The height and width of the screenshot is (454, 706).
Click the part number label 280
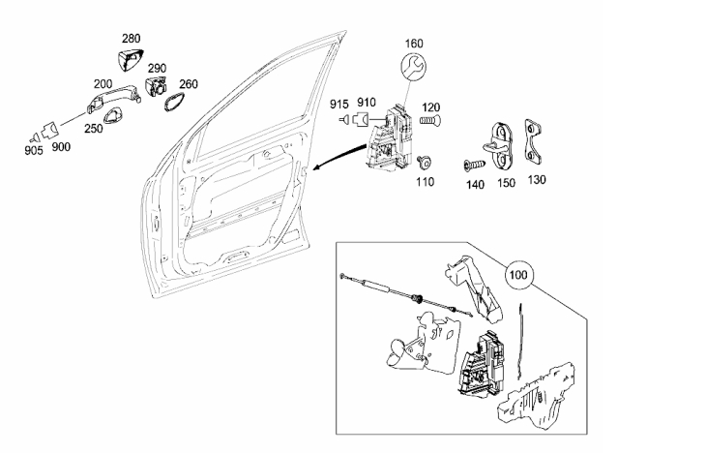[131, 39]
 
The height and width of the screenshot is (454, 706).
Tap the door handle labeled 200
[115, 97]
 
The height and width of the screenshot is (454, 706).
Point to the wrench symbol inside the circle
[413, 66]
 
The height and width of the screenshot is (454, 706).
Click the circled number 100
[518, 275]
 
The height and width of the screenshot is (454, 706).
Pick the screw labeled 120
[431, 120]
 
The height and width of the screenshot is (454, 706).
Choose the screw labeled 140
[475, 165]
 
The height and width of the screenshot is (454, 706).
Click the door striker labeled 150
[502, 143]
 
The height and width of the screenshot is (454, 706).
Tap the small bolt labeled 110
[425, 162]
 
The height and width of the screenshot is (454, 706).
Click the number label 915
[339, 105]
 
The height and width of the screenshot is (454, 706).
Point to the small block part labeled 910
[360, 120]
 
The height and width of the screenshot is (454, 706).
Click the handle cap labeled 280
[129, 59]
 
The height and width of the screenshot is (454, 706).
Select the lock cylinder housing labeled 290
[156, 85]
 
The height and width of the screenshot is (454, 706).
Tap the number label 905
[34, 150]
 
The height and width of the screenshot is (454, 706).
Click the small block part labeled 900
[49, 132]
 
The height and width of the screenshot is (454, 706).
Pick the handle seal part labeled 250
[116, 115]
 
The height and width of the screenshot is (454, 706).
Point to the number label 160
[414, 44]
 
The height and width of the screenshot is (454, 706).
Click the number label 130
[536, 179]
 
